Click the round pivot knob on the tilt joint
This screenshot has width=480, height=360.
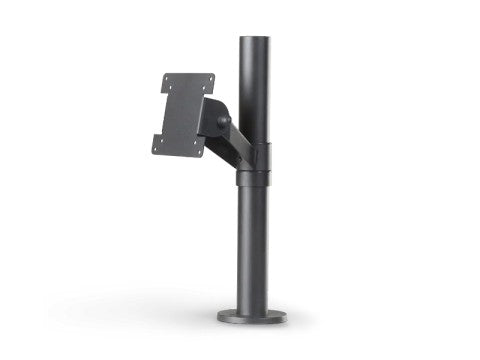223,124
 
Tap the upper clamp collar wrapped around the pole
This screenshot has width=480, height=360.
256,158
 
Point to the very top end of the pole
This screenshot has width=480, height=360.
256,37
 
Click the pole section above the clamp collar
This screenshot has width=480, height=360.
256,90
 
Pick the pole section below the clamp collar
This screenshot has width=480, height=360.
256,250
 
